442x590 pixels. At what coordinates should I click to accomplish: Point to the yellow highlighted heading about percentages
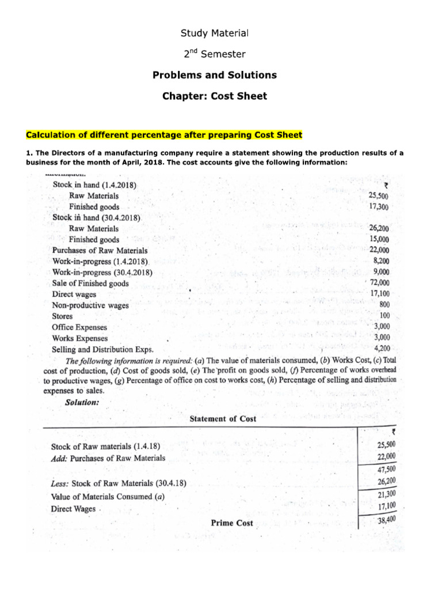[164, 135]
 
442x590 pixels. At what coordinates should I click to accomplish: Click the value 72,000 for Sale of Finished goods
[379, 282]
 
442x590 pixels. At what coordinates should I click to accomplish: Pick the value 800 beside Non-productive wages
[384, 304]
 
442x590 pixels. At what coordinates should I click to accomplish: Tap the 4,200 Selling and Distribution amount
[382, 348]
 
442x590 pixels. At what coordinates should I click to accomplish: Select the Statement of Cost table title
[223, 419]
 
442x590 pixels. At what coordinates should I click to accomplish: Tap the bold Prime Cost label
[232, 523]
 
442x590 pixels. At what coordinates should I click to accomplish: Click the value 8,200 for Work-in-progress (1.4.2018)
[381, 260]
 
